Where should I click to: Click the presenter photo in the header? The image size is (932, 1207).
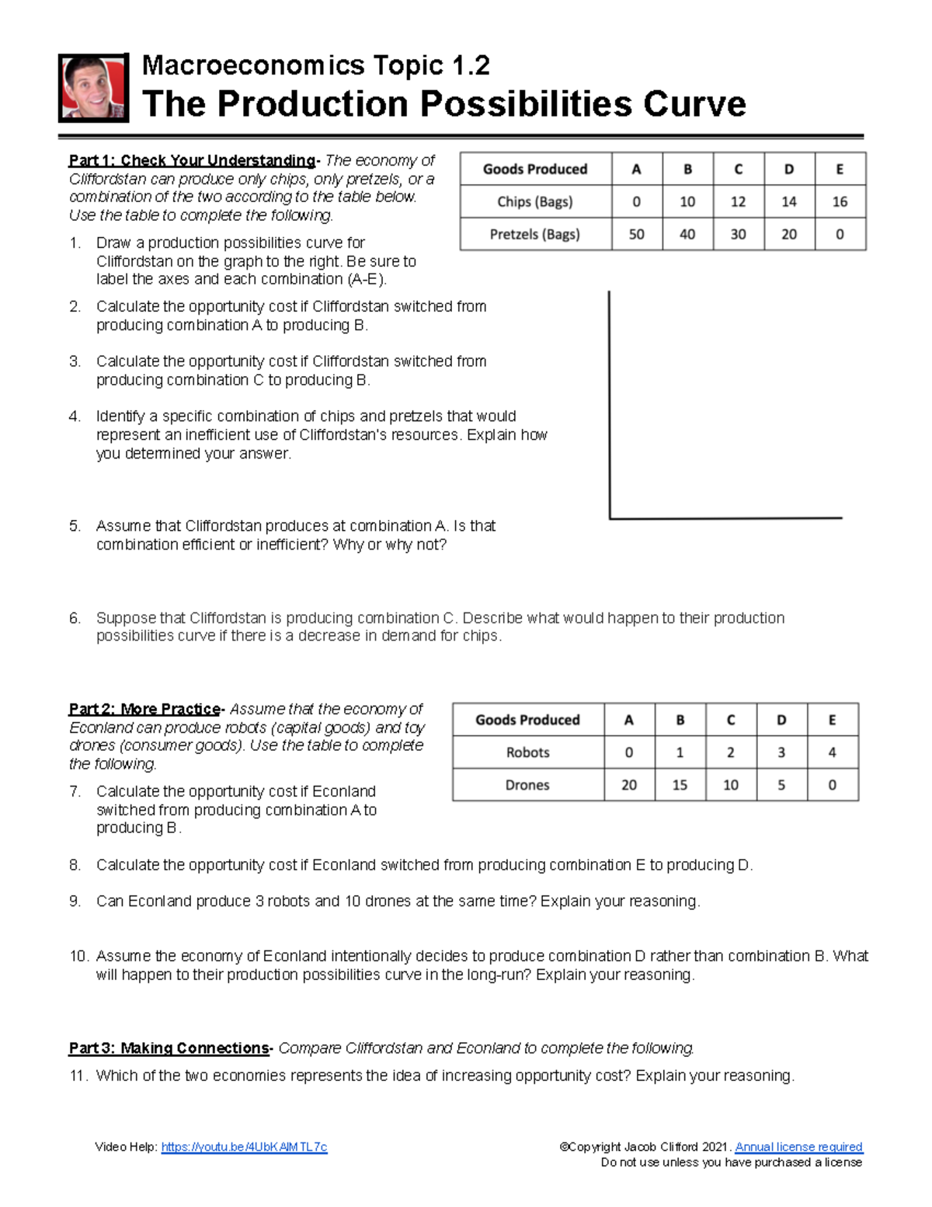(93, 88)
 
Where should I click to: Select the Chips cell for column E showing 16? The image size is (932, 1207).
(840, 202)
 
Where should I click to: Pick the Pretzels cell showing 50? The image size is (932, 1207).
(636, 234)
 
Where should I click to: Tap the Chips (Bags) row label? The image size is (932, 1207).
(535, 202)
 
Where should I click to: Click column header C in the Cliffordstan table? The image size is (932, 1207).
(738, 169)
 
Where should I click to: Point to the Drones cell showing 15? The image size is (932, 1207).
(680, 785)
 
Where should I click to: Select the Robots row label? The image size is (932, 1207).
(527, 752)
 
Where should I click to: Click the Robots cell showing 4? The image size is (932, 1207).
(832, 752)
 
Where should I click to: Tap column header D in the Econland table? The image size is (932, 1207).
(781, 720)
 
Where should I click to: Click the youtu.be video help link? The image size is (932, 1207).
(244, 1147)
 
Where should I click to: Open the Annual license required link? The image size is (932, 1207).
(798, 1147)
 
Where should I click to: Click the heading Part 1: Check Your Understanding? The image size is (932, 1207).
(192, 161)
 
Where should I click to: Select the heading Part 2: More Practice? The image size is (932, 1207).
(144, 709)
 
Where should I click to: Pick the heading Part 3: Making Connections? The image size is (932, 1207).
(169, 1048)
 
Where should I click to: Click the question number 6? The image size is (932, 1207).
(75, 619)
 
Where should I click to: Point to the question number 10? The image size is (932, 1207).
(78, 957)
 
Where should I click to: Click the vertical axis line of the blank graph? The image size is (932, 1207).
(610, 404)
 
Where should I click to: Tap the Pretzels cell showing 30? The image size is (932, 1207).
(738, 234)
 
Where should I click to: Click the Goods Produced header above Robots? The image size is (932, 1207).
(527, 720)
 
